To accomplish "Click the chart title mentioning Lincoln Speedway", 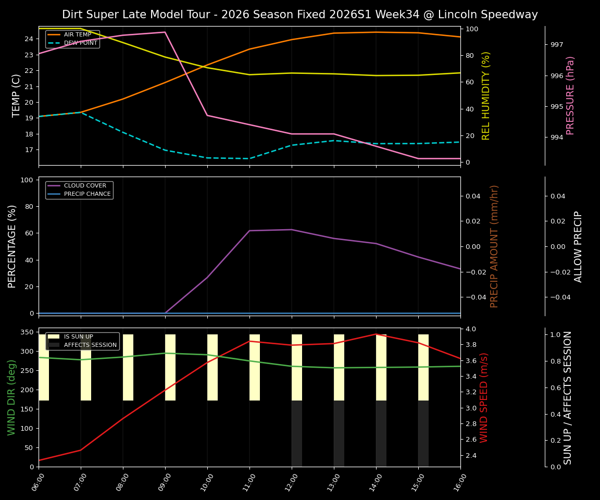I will click(299, 15).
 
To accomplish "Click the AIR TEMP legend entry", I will click(77, 35).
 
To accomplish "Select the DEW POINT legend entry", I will click(80, 43).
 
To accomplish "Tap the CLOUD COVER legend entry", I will click(85, 186).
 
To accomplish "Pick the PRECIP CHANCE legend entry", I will click(87, 194).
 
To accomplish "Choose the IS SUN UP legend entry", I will click(78, 337).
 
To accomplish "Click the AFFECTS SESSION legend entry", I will click(90, 345).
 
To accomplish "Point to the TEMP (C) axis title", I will click(17, 95).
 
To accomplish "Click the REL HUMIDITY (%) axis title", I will click(486, 95).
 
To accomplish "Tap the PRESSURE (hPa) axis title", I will click(570, 95).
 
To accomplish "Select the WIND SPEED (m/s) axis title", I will click(484, 397).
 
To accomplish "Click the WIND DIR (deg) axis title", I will click(12, 397).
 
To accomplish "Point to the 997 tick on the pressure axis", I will click(557, 45).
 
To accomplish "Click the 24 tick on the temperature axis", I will click(29, 39).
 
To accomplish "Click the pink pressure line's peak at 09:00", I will click(165, 32).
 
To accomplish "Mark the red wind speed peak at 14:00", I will click(376, 334).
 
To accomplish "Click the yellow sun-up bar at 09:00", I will click(170, 367).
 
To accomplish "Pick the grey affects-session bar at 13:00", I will click(339, 433).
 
